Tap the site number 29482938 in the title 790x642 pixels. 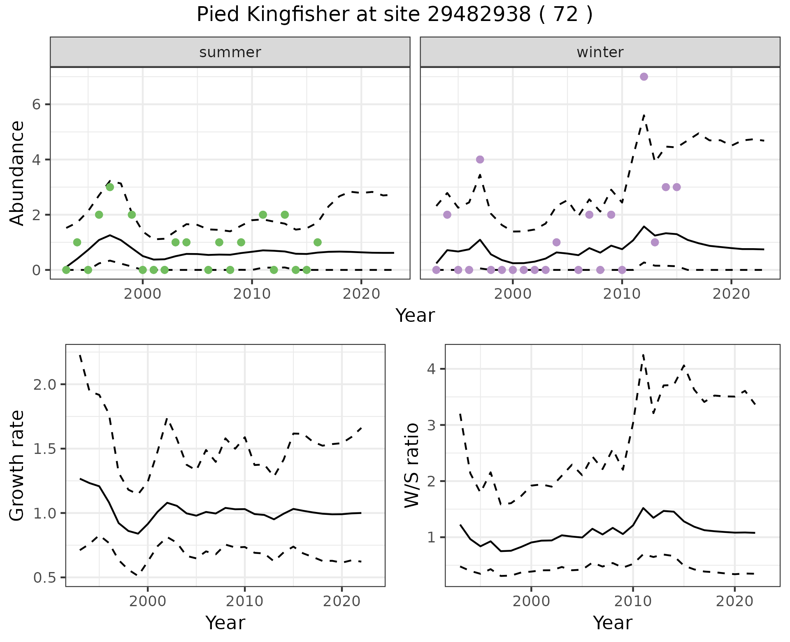tap(479, 15)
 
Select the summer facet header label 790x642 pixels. tap(230, 52)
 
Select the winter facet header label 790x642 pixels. tap(600, 52)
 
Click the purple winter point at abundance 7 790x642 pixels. tap(644, 77)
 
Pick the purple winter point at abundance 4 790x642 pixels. tap(480, 160)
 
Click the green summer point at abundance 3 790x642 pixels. tap(110, 187)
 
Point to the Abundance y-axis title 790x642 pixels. tap(17, 173)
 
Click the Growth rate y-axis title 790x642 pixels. tap(17, 466)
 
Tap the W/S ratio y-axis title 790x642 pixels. tap(411, 466)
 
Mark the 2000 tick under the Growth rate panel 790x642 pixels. tap(148, 601)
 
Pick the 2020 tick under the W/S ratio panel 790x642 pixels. tap(734, 601)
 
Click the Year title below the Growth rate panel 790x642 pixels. tap(225, 623)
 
